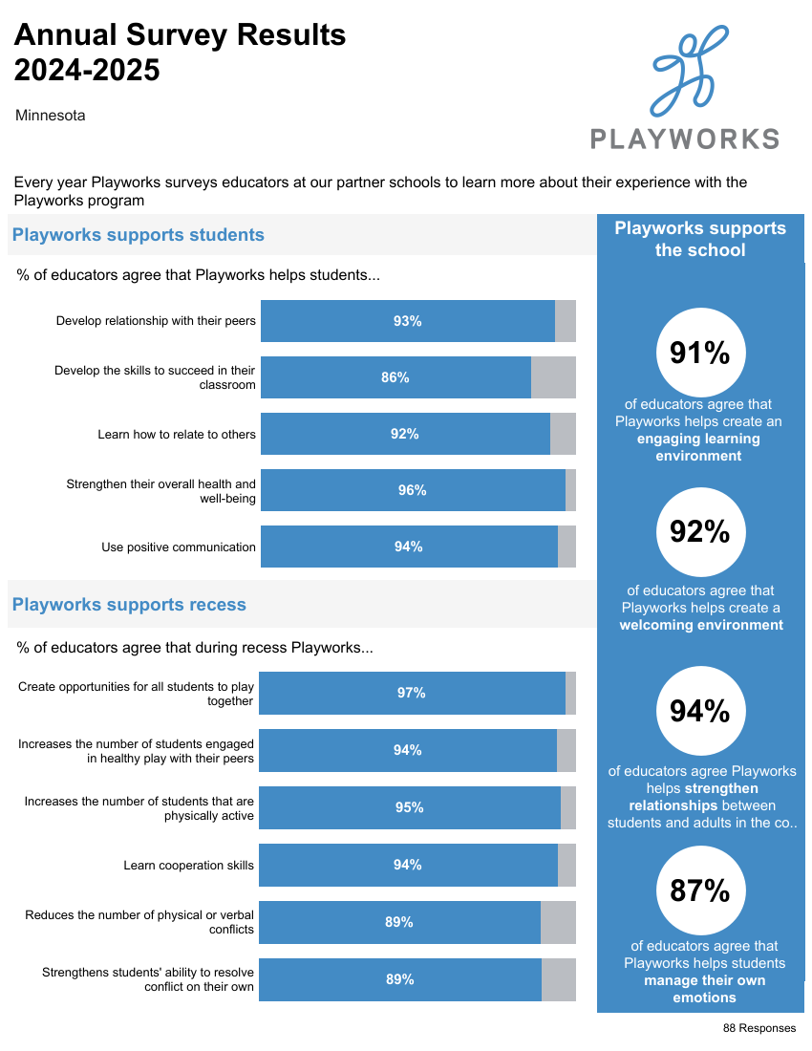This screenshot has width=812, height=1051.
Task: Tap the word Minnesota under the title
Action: [x=51, y=116]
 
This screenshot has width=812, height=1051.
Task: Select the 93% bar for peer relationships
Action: [x=408, y=321]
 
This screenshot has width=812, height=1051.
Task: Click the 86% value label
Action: [x=395, y=377]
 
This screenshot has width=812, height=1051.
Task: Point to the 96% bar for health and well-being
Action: [x=413, y=490]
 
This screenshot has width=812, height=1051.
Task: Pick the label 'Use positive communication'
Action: [x=179, y=547]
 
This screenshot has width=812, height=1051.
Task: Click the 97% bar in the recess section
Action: [x=412, y=693]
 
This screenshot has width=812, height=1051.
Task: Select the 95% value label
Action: [x=410, y=807]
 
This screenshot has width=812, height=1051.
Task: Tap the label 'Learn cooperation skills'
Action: [x=188, y=866]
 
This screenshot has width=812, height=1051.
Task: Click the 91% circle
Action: [x=700, y=353]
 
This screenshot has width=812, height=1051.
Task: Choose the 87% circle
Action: [x=700, y=891]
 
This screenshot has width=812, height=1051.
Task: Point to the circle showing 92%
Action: [x=700, y=531]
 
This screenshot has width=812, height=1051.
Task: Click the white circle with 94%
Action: [x=700, y=711]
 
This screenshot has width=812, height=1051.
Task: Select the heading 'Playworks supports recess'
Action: [x=129, y=605]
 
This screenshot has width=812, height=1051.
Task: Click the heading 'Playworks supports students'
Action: [x=139, y=235]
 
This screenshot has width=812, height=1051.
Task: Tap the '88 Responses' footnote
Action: [x=759, y=1028]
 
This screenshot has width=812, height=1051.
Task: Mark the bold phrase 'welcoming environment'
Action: [x=701, y=625]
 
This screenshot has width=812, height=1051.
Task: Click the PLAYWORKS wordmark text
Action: [x=684, y=139]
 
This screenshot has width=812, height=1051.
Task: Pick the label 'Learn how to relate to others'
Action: [x=177, y=435]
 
